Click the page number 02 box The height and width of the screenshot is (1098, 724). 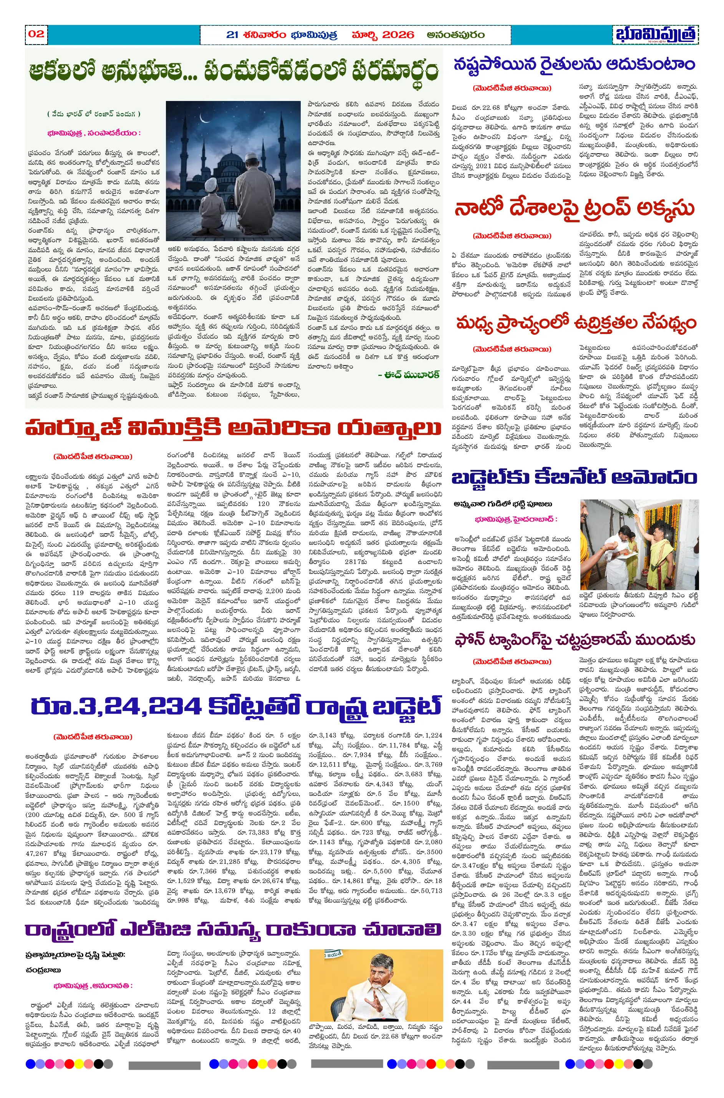point(36,34)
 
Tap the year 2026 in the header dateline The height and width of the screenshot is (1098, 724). point(398,35)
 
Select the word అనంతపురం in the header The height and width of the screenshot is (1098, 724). point(455,35)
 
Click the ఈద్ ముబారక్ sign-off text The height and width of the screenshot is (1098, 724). point(408,375)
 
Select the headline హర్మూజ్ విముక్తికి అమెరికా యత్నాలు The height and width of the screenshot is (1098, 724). point(233,428)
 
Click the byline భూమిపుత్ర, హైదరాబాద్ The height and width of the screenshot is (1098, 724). point(516,519)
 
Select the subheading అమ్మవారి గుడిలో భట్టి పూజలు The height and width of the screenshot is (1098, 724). point(502,504)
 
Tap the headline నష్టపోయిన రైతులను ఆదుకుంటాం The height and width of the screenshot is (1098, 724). point(574,64)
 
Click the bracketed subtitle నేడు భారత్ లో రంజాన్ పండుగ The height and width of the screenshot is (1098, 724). point(93,114)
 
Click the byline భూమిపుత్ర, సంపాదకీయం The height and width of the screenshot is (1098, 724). point(93,133)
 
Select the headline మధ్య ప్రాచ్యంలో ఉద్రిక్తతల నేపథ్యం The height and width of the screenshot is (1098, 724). point(575,324)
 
